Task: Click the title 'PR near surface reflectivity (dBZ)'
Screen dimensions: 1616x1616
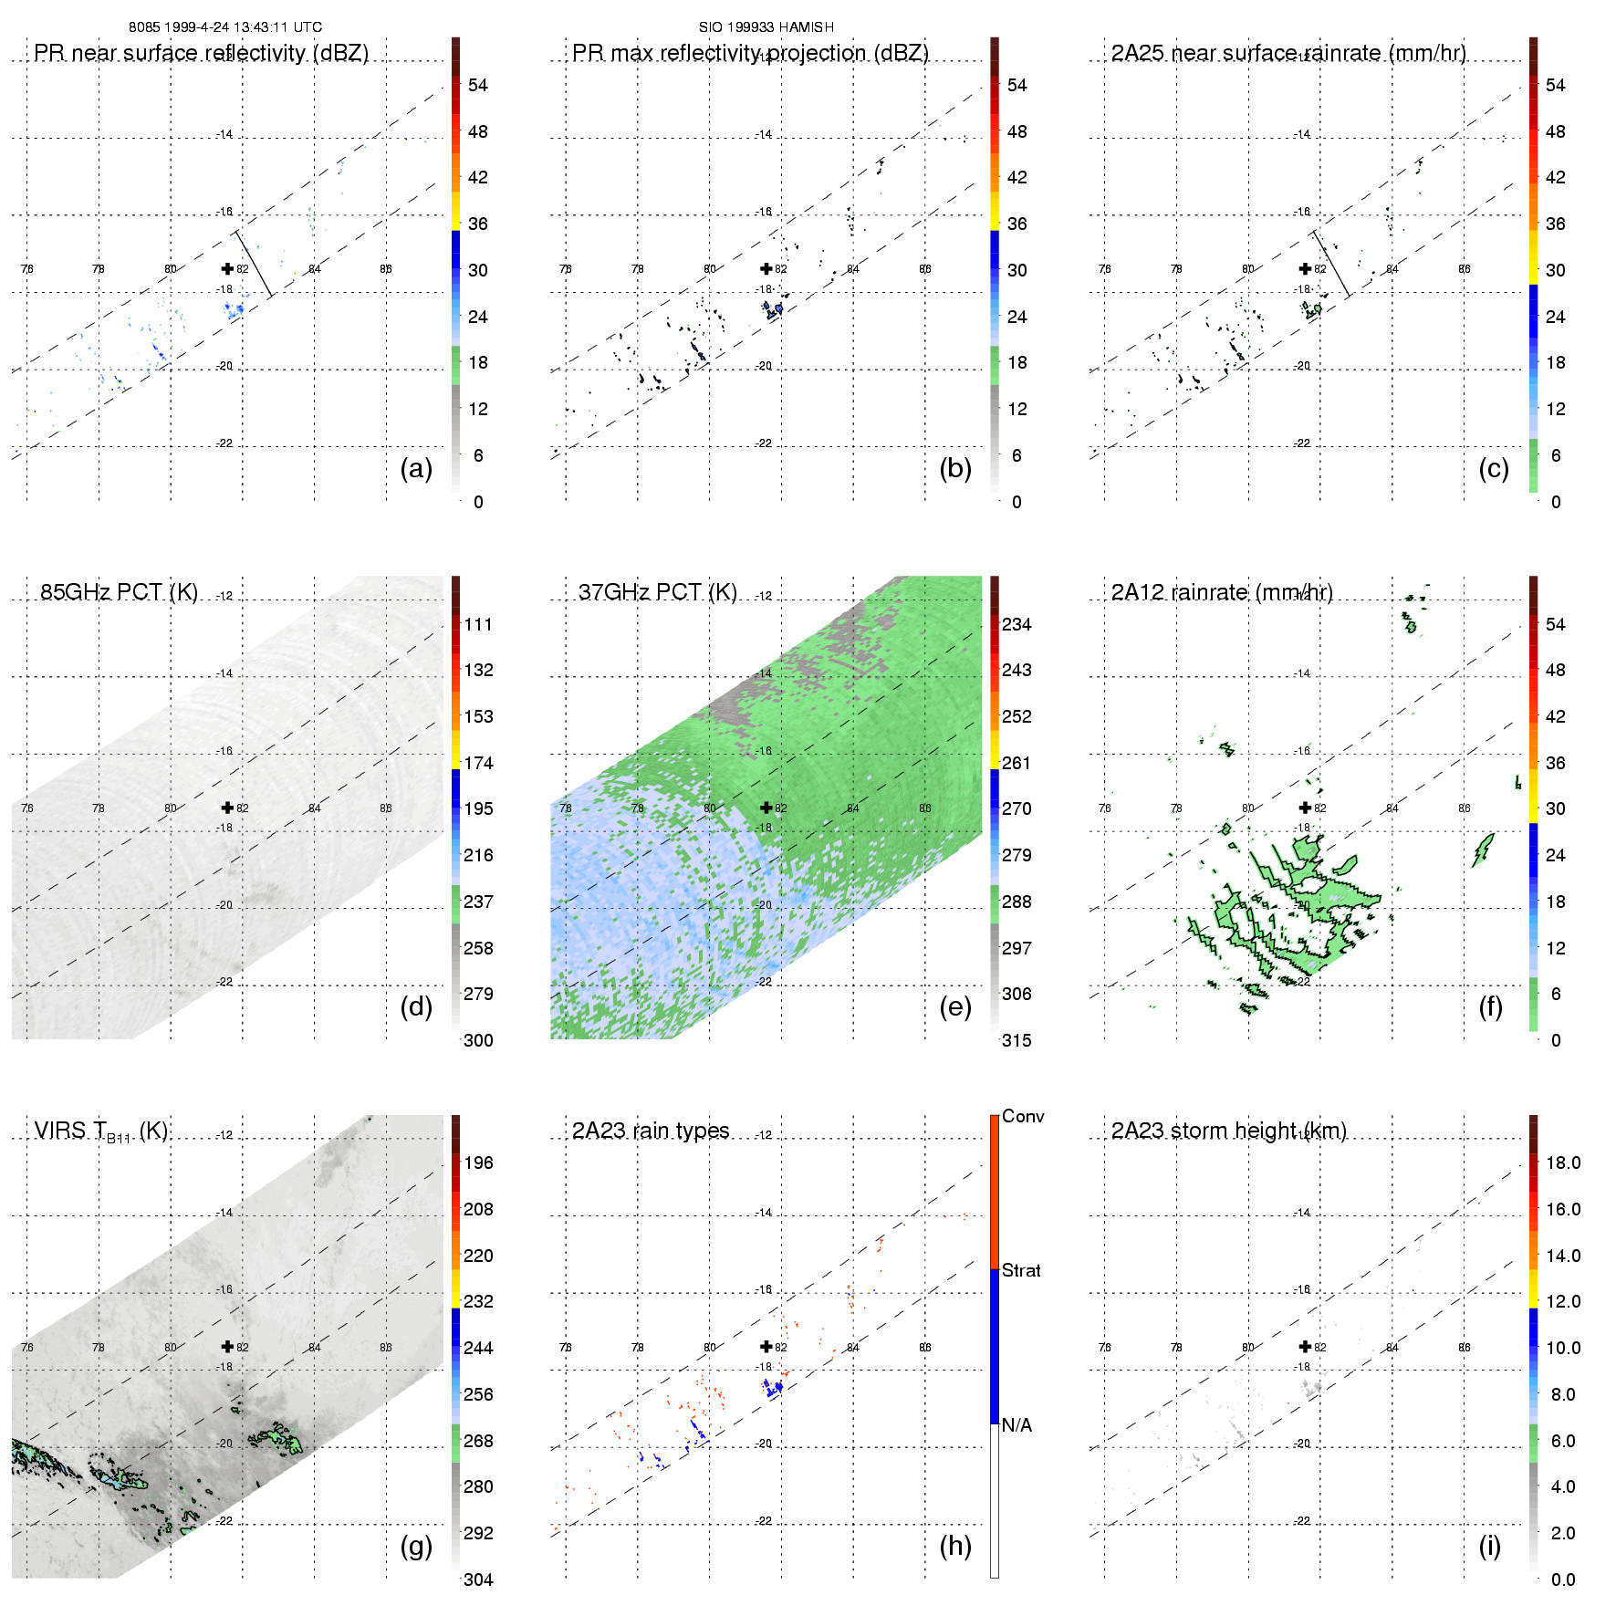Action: click(201, 53)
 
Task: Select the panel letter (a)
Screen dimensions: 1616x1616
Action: click(416, 469)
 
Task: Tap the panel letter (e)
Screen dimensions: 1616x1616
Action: click(954, 1007)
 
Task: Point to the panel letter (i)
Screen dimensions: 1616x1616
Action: click(1489, 1546)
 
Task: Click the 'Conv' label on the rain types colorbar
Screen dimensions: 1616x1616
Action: click(1023, 1117)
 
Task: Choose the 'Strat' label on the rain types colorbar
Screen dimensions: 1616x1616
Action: click(1021, 1270)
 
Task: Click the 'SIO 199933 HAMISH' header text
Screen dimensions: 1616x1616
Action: click(766, 27)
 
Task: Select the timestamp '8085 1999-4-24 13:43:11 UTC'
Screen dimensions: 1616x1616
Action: click(225, 27)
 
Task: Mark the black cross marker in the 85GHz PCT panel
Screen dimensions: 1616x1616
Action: click(227, 808)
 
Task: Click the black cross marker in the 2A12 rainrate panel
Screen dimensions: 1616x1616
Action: click(1305, 808)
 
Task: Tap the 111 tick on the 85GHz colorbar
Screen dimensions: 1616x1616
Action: click(478, 625)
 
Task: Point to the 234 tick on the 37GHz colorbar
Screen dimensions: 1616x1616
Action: click(1017, 625)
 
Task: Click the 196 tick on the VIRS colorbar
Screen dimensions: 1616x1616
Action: click(478, 1163)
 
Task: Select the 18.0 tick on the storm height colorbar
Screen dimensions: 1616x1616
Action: click(1563, 1163)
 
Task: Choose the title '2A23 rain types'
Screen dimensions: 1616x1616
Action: click(651, 1131)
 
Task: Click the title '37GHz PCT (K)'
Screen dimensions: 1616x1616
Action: click(657, 593)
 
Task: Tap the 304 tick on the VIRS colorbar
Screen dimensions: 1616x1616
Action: click(478, 1580)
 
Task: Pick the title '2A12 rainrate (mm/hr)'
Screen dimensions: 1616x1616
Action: click(1222, 593)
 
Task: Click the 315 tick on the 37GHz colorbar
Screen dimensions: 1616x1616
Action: click(1017, 1041)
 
